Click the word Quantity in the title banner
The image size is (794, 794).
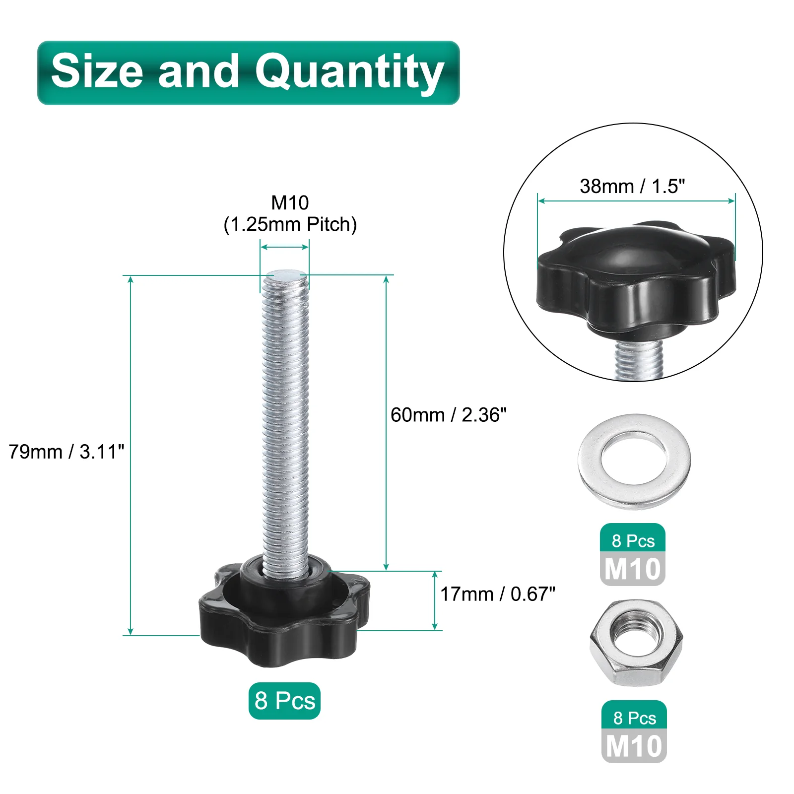[349, 73]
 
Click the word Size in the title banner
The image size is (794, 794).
[98, 70]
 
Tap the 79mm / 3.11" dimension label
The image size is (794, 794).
[66, 452]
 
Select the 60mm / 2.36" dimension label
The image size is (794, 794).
[449, 415]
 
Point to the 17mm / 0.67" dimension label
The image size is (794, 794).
[498, 594]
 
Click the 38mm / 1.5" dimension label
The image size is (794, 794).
[632, 186]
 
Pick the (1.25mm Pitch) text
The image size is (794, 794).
[290, 224]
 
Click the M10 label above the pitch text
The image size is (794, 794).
[290, 202]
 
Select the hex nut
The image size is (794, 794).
[636, 643]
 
